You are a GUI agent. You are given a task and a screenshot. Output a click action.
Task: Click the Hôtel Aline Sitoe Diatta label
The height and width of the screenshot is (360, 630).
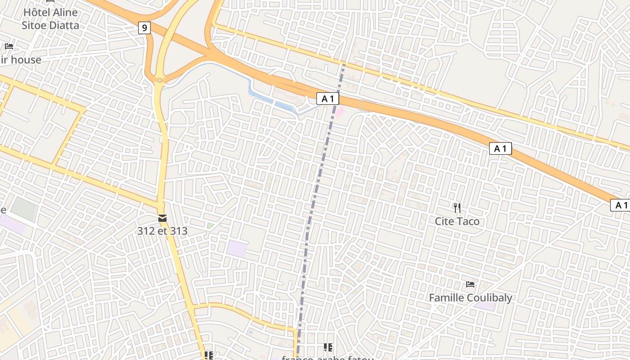(50, 19)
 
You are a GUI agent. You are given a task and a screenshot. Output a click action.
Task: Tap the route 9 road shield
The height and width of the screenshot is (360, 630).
(144, 28)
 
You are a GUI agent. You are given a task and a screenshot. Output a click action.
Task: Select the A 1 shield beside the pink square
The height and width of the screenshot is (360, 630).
(327, 99)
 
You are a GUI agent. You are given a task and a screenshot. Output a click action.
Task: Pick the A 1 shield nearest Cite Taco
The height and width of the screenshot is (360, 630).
(500, 148)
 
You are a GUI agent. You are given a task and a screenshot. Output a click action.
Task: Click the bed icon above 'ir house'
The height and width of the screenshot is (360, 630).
(9, 46)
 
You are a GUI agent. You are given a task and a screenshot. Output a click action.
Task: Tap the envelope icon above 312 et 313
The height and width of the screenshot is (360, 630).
(162, 218)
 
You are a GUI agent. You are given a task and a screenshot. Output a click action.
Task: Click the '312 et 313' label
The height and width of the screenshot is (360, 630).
(162, 231)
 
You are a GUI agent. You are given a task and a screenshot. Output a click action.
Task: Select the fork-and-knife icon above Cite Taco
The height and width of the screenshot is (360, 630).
(457, 207)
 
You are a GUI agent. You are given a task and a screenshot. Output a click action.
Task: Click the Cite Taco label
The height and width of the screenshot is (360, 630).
(457, 221)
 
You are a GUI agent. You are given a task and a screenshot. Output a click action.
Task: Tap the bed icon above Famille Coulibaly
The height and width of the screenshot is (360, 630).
(470, 284)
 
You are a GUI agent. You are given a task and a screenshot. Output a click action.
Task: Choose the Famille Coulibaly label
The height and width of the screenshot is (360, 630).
(470, 298)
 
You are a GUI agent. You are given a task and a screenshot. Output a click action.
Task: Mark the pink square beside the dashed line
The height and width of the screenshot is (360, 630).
(340, 112)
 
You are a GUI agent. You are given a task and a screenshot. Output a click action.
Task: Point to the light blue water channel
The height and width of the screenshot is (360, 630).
(270, 101)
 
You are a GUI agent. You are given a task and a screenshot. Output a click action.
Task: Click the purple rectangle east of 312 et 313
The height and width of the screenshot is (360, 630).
(237, 249)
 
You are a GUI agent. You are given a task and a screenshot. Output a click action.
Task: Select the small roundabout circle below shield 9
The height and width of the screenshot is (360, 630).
(160, 81)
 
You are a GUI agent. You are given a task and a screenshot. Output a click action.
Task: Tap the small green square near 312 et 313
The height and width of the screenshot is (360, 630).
(210, 225)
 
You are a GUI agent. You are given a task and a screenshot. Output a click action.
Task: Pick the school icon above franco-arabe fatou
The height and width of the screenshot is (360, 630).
(328, 347)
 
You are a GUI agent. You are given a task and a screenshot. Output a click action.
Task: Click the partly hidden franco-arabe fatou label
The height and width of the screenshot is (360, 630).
(328, 358)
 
